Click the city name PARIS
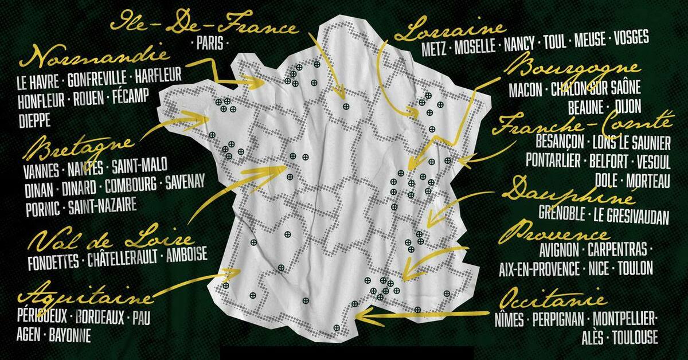[210, 43]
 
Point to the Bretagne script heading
[79, 149]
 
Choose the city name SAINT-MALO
[139, 166]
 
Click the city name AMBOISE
[187, 255]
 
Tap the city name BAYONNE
[70, 335]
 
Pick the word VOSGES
[631, 38]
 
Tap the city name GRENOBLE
[562, 213]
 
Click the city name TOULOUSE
[635, 337]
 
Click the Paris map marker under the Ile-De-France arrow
[346, 106]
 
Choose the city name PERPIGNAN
[558, 319]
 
